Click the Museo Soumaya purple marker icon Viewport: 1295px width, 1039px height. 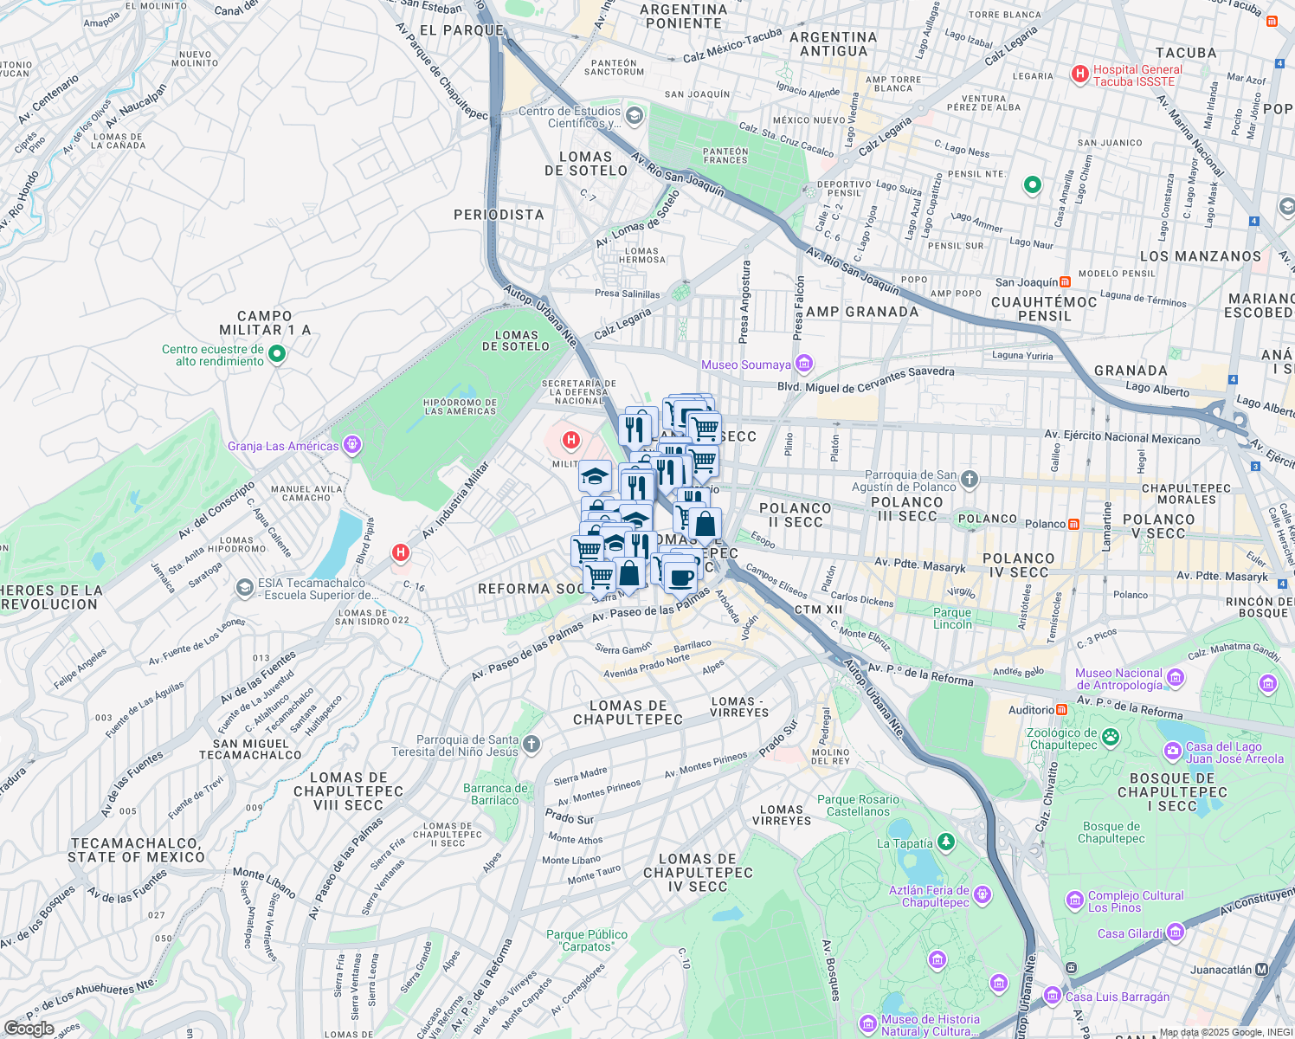click(x=804, y=364)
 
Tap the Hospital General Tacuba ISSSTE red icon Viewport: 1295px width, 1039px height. click(x=1079, y=74)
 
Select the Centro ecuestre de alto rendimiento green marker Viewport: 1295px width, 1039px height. click(x=277, y=353)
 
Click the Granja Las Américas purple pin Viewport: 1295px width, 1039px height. click(x=351, y=445)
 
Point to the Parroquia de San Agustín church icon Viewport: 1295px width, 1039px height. click(x=970, y=479)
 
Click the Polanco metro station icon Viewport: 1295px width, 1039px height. click(x=1073, y=524)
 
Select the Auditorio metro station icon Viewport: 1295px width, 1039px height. click(x=1061, y=710)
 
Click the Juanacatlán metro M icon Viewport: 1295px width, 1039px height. click(x=1262, y=970)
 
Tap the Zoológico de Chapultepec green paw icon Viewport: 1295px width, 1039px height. click(x=1111, y=738)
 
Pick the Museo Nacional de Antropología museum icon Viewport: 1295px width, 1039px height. click(x=1176, y=678)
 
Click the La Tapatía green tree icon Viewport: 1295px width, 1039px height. click(x=946, y=842)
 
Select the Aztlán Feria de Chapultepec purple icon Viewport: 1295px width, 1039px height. click(x=983, y=894)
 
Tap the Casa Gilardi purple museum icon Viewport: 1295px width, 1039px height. click(x=1176, y=933)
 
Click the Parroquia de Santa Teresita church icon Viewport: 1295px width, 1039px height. click(x=532, y=744)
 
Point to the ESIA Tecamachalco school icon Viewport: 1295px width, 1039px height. click(x=245, y=588)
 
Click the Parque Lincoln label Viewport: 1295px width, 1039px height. click(x=952, y=618)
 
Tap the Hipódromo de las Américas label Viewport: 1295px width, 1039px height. click(x=460, y=407)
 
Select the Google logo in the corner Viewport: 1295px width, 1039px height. click(x=29, y=1029)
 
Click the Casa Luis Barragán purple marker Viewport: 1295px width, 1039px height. click(x=1053, y=996)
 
